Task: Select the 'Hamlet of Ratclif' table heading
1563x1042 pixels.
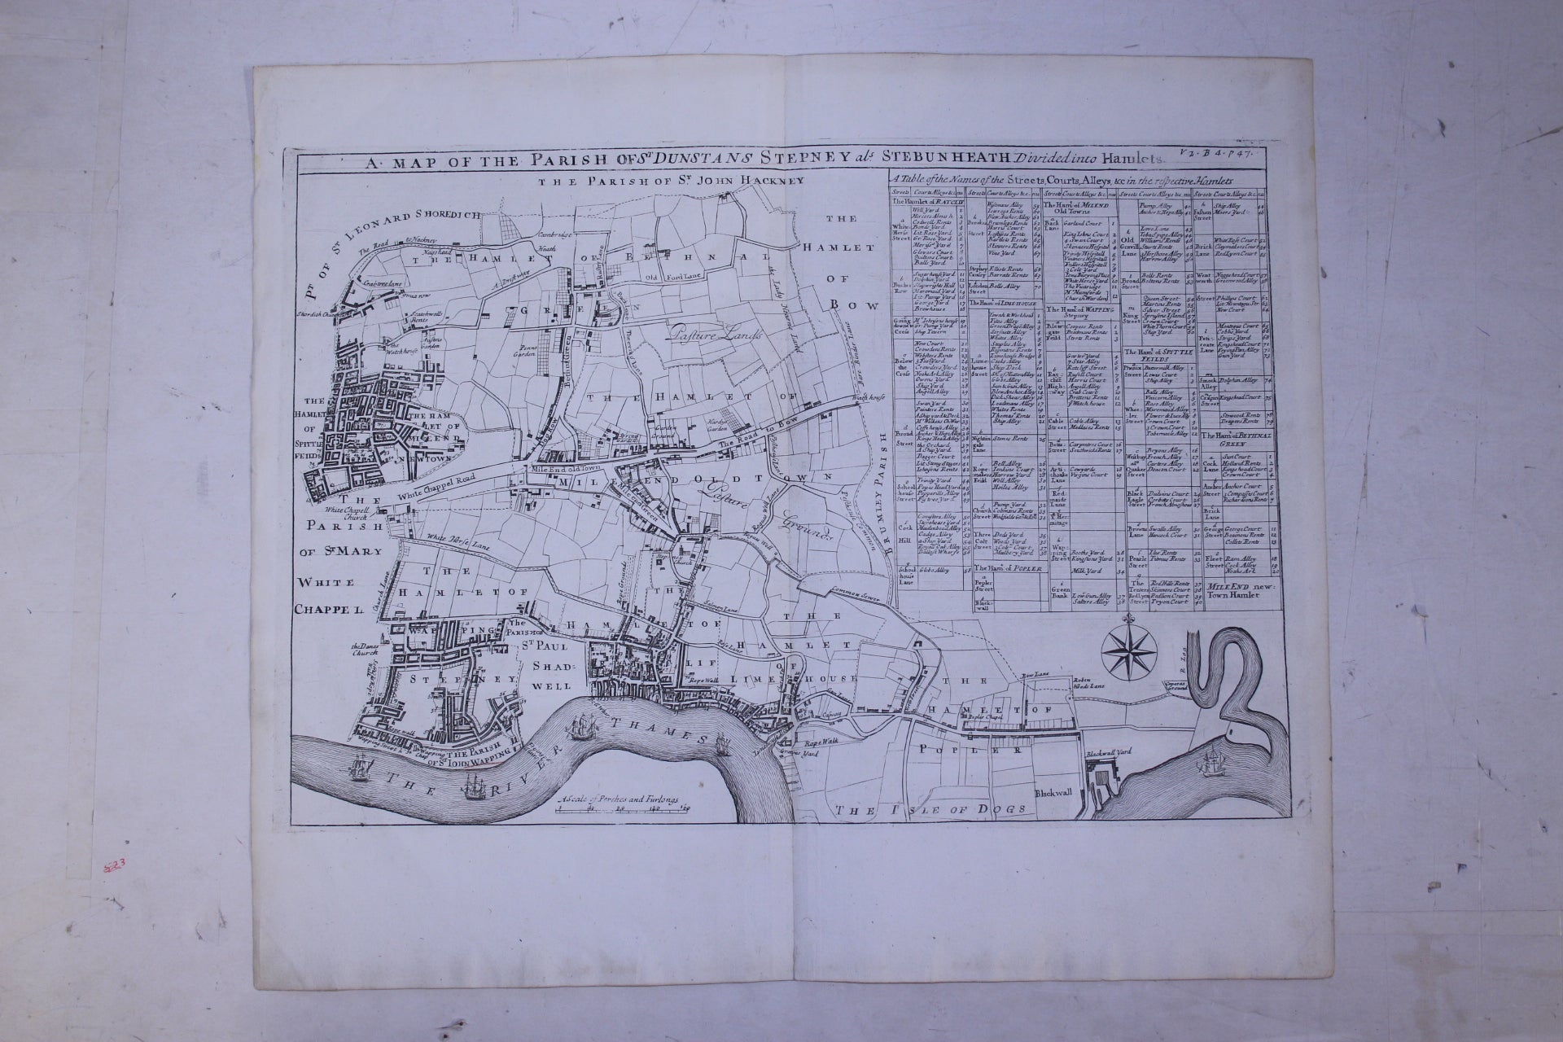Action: pyautogui.click(x=928, y=202)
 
